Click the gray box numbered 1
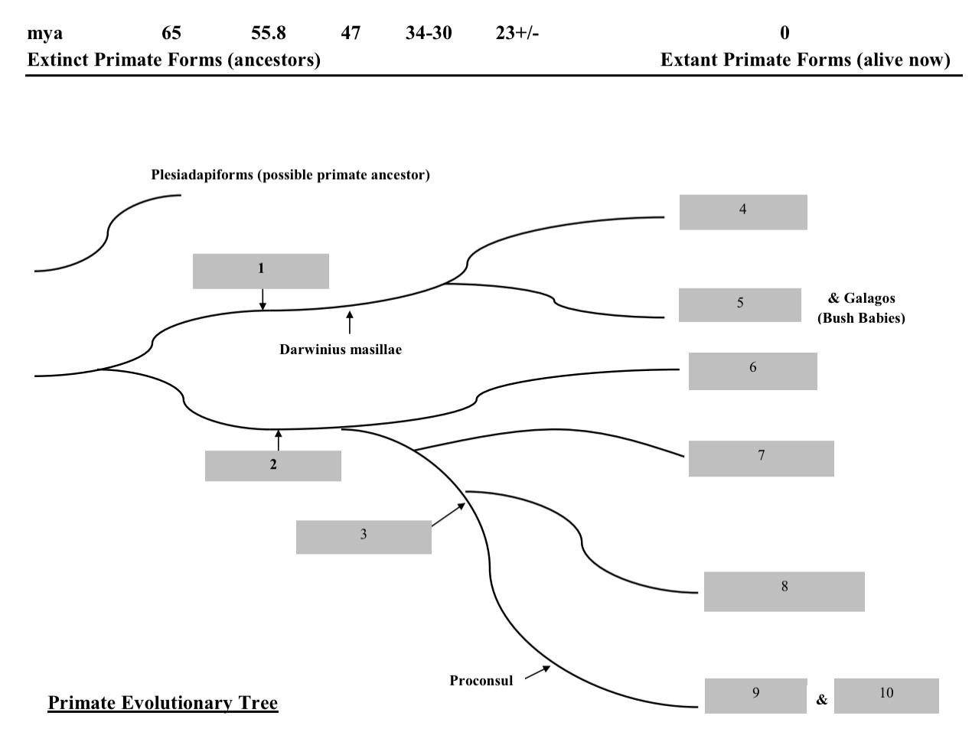click(x=261, y=272)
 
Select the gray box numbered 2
click(x=273, y=466)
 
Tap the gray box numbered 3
click(x=364, y=537)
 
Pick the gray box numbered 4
click(x=743, y=213)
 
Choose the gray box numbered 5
click(x=740, y=305)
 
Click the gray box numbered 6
click(x=753, y=372)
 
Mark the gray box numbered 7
click(x=762, y=459)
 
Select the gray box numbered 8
click(x=784, y=592)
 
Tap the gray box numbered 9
click(x=756, y=696)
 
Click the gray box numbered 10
click(x=886, y=696)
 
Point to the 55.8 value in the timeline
click(x=269, y=33)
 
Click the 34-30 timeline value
click(x=429, y=33)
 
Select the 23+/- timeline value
click(x=517, y=33)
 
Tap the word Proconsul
click(x=481, y=681)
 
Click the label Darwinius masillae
click(x=341, y=350)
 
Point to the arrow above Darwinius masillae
click(x=350, y=323)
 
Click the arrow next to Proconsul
click(x=538, y=672)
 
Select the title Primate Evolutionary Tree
click(x=163, y=703)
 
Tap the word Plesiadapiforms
click(x=202, y=174)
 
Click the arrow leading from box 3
click(x=448, y=515)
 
